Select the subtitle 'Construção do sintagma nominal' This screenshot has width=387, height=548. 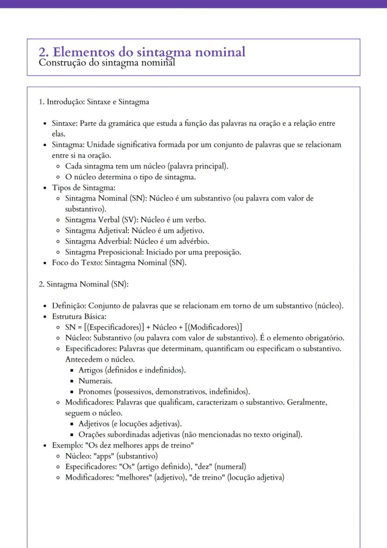click(x=107, y=62)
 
